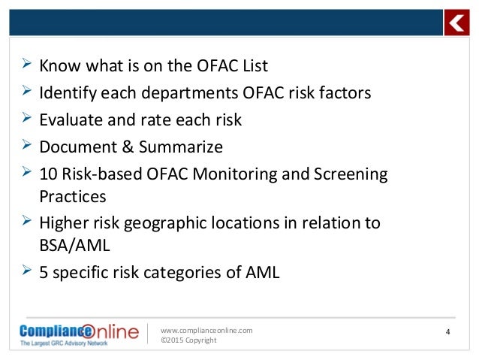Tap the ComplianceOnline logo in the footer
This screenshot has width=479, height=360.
[80, 333]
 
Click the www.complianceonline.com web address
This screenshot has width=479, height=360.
[207, 330]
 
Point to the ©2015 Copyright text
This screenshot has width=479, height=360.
[189, 340]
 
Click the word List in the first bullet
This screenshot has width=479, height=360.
[251, 66]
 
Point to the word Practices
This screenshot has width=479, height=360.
[72, 196]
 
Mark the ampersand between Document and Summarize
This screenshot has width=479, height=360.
[125, 147]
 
